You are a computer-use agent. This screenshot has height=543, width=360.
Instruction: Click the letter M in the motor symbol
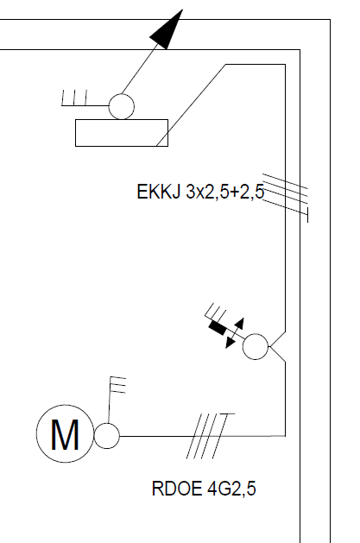(x=65, y=434)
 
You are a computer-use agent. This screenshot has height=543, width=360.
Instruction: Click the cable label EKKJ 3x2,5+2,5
(x=200, y=192)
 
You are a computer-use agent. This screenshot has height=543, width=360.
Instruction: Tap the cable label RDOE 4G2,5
(x=204, y=489)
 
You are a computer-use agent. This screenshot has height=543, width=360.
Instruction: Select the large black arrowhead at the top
(x=167, y=29)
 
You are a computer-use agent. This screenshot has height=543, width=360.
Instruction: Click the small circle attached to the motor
(x=107, y=436)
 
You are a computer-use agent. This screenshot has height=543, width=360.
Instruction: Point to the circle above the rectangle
(x=122, y=106)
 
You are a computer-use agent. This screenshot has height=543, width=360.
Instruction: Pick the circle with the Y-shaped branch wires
(x=256, y=346)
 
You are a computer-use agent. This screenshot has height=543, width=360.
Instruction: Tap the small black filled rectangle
(x=218, y=328)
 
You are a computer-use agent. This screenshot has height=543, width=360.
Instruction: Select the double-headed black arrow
(x=235, y=333)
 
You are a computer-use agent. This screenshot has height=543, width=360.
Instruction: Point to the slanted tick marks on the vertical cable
(x=285, y=196)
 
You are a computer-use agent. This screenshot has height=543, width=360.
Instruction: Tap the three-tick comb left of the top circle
(x=74, y=98)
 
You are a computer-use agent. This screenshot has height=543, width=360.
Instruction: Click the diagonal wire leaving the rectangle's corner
(x=191, y=105)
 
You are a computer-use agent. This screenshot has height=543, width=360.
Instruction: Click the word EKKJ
(x=159, y=192)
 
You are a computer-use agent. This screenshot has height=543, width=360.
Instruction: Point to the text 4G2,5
(x=231, y=489)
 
